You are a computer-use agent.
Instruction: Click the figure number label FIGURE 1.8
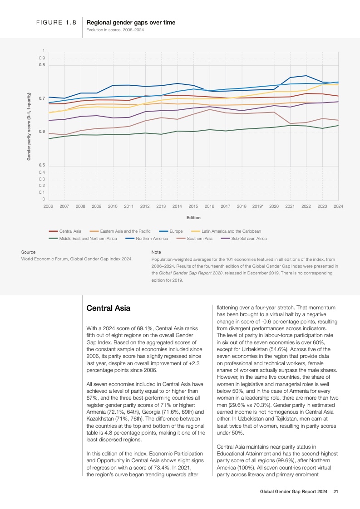56,22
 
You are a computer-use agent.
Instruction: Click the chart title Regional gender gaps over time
131,22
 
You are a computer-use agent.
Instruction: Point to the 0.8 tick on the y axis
42,65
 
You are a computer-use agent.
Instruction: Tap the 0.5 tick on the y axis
42,166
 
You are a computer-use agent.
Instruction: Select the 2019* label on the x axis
258,206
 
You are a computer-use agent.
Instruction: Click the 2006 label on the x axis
48,206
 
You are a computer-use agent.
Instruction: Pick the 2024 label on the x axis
338,206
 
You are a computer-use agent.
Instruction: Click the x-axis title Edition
193,218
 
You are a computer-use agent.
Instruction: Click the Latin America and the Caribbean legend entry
231,231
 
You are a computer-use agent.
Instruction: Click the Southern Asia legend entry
199,239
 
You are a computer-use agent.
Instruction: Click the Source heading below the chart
29,252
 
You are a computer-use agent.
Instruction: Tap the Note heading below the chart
156,252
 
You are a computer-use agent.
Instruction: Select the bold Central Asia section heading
108,308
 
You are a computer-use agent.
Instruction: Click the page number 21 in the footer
336,491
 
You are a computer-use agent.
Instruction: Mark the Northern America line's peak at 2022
306,76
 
